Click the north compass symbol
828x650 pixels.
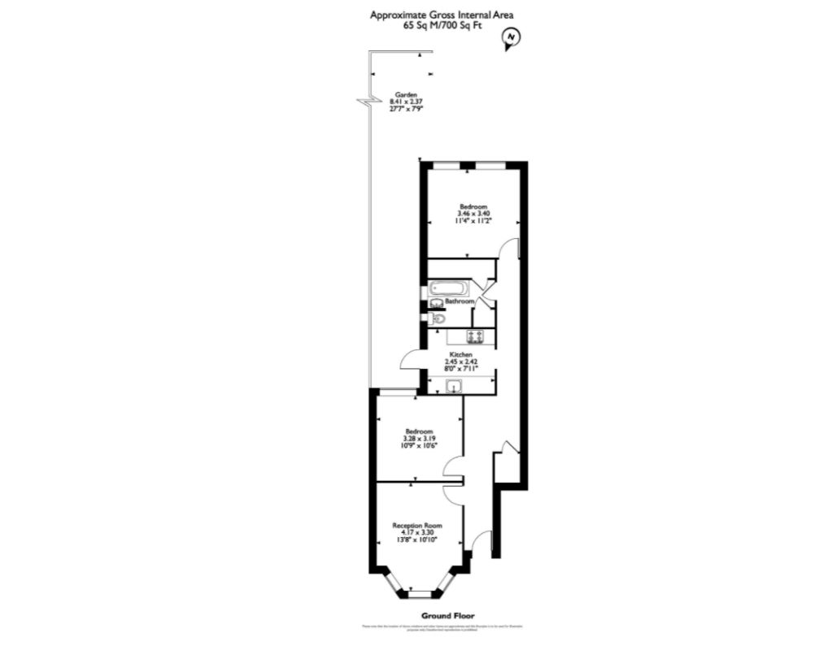[511, 37]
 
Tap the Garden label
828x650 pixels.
[406, 94]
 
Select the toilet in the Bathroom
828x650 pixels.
[438, 318]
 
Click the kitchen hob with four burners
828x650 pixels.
[475, 336]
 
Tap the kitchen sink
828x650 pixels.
[454, 386]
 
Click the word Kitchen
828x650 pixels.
[461, 355]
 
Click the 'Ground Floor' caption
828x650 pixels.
[447, 615]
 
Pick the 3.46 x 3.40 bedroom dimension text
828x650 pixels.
[473, 214]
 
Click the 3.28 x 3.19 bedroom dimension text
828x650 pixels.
[420, 438]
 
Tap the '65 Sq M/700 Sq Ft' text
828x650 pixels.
[442, 25]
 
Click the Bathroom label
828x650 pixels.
[460, 301]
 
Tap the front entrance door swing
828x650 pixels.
[482, 544]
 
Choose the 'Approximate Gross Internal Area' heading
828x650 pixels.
[442, 14]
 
